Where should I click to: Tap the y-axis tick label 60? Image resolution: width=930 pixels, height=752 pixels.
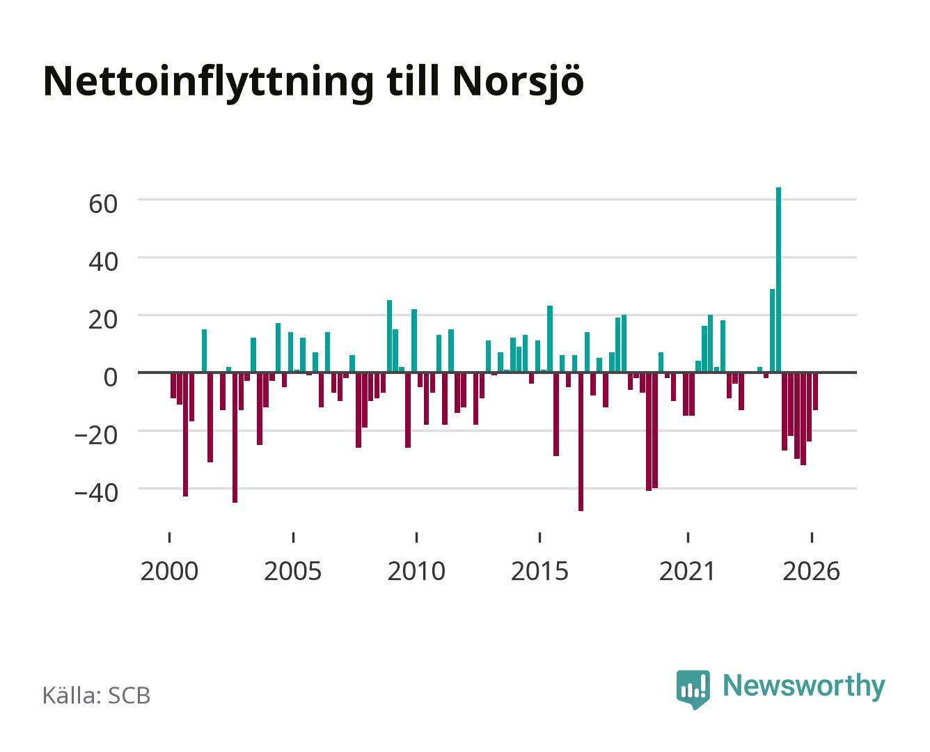pyautogui.click(x=102, y=203)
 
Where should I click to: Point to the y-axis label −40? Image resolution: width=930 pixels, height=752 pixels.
pyautogui.click(x=96, y=493)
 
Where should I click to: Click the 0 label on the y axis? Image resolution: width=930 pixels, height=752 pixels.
pyautogui.click(x=111, y=377)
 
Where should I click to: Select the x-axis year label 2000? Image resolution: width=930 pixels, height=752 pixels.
pyautogui.click(x=168, y=571)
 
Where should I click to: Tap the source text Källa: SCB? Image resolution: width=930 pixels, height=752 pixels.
pyautogui.click(x=96, y=695)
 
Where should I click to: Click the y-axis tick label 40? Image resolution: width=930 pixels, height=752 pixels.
pyautogui.click(x=102, y=261)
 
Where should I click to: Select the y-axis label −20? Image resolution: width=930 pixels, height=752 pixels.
pyautogui.click(x=96, y=435)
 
